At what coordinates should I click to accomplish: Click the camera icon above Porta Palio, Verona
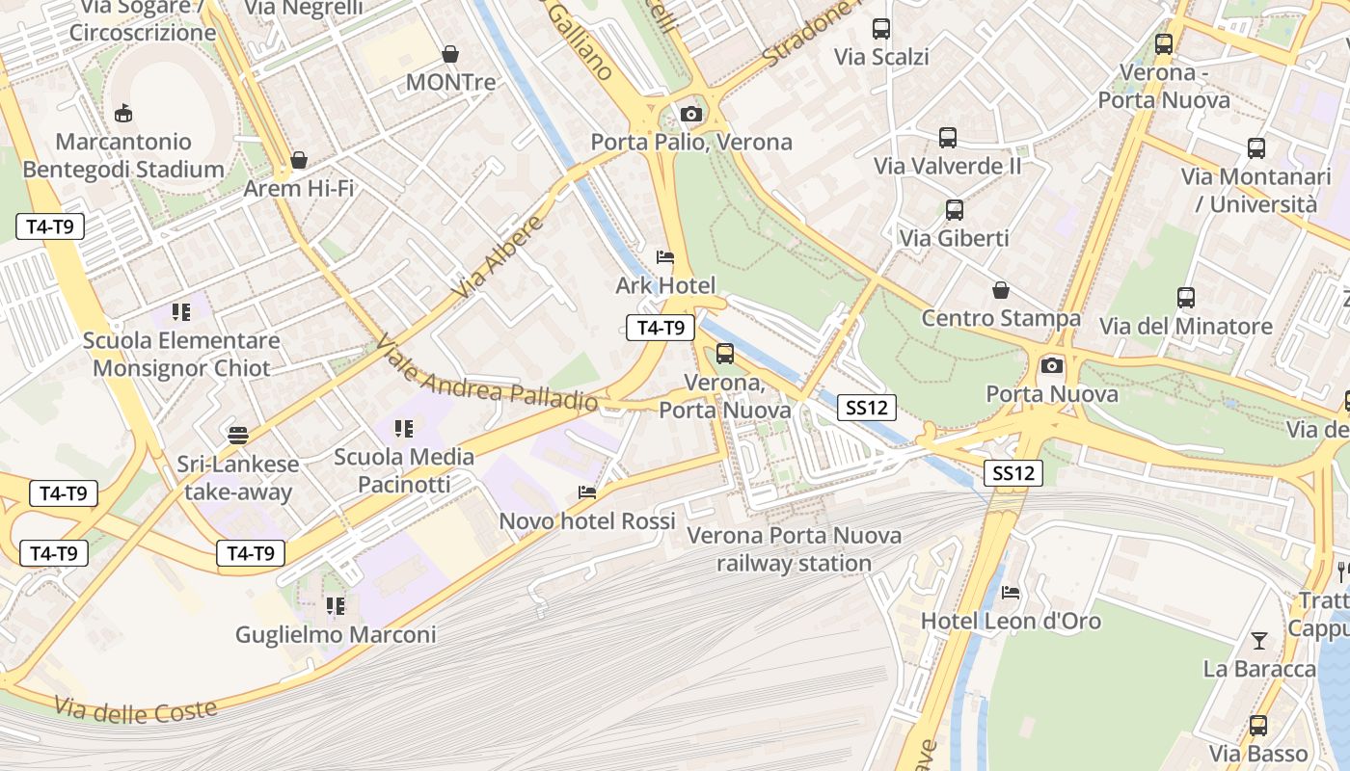click(x=690, y=115)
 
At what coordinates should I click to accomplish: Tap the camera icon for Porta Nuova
click(x=1052, y=365)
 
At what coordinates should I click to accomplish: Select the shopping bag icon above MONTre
click(x=449, y=54)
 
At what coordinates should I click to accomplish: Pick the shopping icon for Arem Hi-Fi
click(x=299, y=160)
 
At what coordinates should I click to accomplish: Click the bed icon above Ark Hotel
click(x=664, y=257)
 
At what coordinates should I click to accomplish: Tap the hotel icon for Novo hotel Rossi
click(x=586, y=492)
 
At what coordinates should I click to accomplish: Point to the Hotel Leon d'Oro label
click(x=1011, y=621)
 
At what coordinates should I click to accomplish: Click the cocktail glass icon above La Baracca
click(x=1258, y=640)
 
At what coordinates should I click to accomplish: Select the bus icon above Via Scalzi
click(x=881, y=29)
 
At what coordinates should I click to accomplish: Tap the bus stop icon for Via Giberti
click(x=954, y=209)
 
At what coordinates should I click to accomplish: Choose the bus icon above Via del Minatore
click(x=1186, y=298)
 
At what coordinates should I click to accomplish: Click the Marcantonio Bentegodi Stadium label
click(x=123, y=156)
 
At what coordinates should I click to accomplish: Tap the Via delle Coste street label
click(x=135, y=711)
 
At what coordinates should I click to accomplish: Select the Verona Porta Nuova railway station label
click(x=794, y=549)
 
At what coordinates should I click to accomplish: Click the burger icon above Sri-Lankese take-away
click(x=238, y=435)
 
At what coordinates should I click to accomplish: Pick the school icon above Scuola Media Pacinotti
click(x=404, y=428)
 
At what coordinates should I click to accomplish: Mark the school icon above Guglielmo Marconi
click(x=336, y=606)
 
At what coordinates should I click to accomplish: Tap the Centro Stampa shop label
click(x=1001, y=318)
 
